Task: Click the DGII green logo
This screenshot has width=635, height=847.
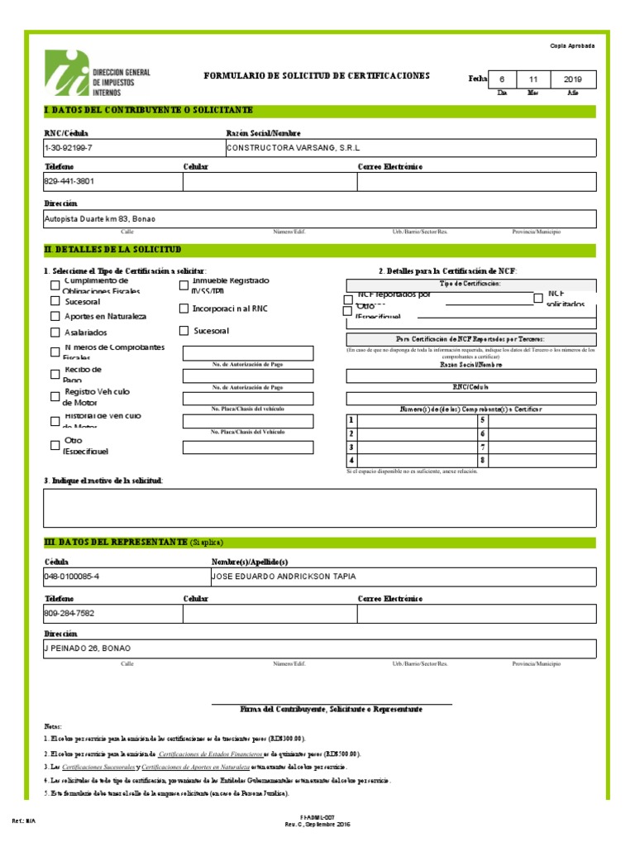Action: [x=69, y=74]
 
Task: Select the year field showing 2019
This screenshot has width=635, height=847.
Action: [x=572, y=79]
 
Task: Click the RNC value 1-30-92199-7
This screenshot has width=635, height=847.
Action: [x=68, y=148]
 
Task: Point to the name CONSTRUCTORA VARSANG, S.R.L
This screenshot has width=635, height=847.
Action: [x=284, y=148]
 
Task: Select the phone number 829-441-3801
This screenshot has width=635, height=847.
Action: [x=69, y=182]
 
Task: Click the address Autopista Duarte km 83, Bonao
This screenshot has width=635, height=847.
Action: [x=99, y=219]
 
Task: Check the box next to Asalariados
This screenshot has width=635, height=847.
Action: [x=55, y=333]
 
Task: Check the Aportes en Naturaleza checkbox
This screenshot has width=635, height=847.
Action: [x=55, y=317]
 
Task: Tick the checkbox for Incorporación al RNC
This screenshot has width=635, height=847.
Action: [x=184, y=309]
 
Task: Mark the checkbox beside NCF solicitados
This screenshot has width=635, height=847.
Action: [x=538, y=298]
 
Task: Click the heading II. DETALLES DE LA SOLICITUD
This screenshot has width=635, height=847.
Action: [x=112, y=250]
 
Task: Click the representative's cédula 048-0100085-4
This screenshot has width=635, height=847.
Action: [x=71, y=577]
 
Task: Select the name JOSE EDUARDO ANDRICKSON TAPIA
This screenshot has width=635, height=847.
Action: [x=284, y=577]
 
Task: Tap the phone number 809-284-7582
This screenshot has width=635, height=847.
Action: [x=69, y=614]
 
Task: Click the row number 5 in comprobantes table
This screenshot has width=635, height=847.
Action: [x=482, y=420]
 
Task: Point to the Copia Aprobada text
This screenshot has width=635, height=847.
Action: [x=572, y=46]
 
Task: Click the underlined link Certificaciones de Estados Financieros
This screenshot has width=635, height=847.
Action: [x=210, y=754]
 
